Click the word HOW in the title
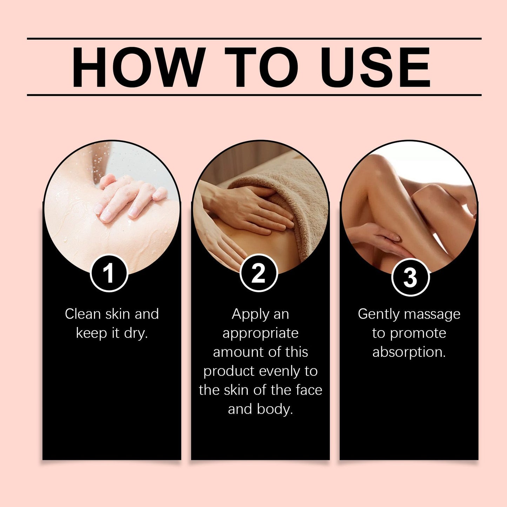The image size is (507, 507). [x=139, y=67]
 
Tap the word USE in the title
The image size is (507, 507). [x=375, y=67]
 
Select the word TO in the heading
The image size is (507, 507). [x=261, y=67]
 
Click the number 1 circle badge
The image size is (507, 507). [x=109, y=273]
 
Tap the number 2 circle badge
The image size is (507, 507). [x=259, y=273]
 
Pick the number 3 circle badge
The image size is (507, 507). [x=410, y=277]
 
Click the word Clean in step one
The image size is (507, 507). [x=83, y=314]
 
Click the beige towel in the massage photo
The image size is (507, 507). [x=287, y=200]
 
